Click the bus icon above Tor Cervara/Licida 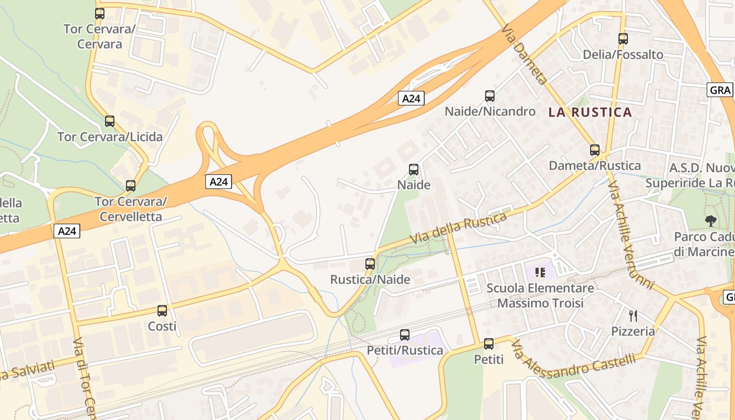pos(110,121)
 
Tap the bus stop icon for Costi pos(162,311)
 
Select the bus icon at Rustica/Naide pos(370,264)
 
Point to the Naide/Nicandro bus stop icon pos(490,96)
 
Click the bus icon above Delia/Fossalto pos(623,39)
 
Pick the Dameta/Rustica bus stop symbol pos(595,150)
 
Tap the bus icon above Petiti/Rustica pos(405,335)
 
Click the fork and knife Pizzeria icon pos(633,316)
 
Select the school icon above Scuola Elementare pos(540,272)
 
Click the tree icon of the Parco pos(711,221)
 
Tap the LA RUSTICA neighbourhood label pos(590,112)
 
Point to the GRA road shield pos(720,90)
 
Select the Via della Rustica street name pos(458,227)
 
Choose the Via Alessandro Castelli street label pos(573,362)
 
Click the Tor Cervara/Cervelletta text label pos(131,209)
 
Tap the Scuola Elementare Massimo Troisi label pos(540,296)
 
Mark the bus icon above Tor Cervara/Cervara pos(100,14)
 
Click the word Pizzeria pos(633,331)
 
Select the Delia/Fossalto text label pos(623,55)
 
